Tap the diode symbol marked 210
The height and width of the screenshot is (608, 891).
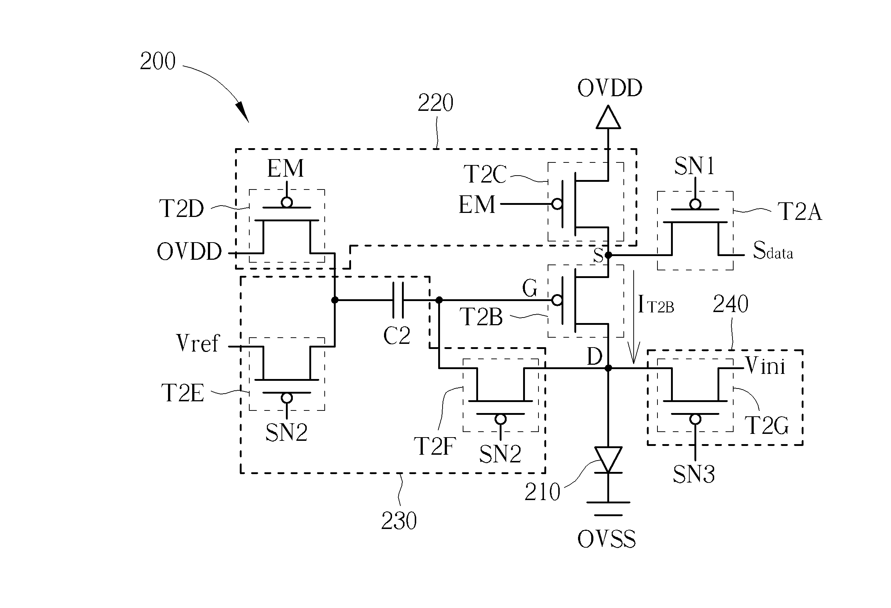(608, 460)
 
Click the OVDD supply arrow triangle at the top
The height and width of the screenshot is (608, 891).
(608, 117)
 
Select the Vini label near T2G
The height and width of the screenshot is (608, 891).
(765, 365)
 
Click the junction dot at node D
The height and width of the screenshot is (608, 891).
(608, 368)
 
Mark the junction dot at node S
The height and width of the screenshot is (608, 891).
(608, 255)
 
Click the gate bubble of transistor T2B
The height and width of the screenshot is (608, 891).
(557, 300)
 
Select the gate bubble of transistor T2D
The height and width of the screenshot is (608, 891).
(287, 202)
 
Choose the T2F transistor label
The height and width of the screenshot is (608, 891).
(435, 446)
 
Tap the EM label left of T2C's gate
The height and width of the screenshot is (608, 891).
(477, 204)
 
